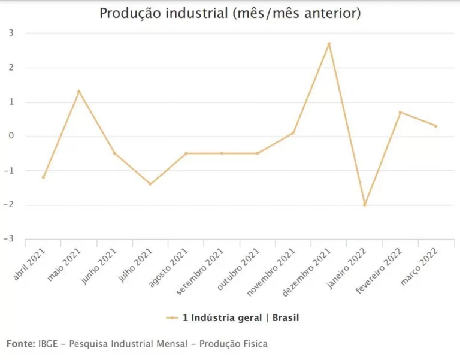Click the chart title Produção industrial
(x=230, y=13)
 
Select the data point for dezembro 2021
(x=329, y=44)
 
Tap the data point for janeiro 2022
(x=364, y=205)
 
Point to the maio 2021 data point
(x=78, y=92)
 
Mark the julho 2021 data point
(x=150, y=184)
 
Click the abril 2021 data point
(x=43, y=177)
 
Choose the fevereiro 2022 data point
(x=400, y=112)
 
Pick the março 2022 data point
(x=435, y=126)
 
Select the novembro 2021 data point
(x=293, y=133)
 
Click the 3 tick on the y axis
(x=10, y=34)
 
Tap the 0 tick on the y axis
(x=10, y=137)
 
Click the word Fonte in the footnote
(x=20, y=344)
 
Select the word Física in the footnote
(x=253, y=344)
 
